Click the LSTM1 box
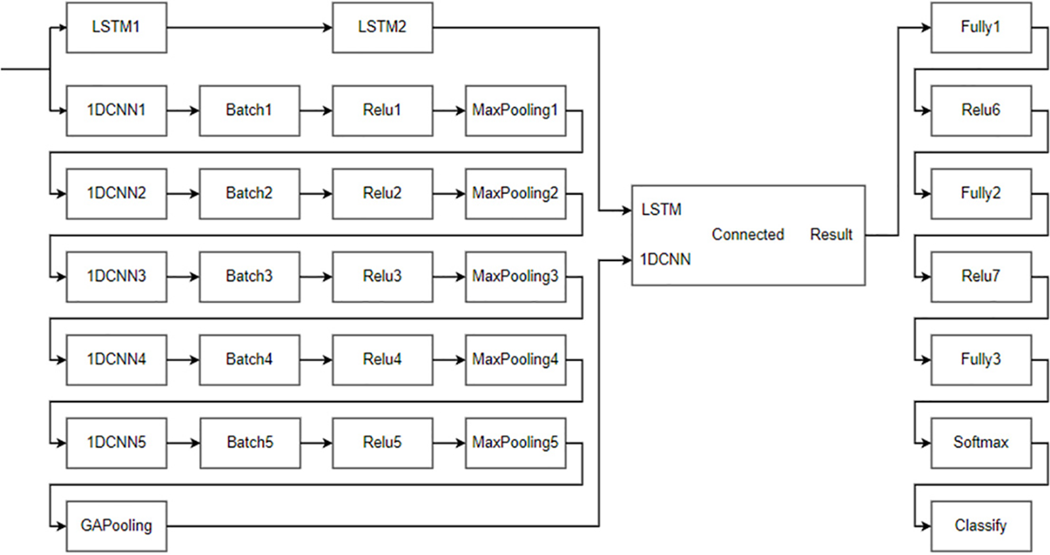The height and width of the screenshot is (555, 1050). [116, 28]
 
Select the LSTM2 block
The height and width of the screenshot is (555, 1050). [382, 28]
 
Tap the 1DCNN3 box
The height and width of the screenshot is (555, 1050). [116, 276]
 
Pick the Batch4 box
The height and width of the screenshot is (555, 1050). [249, 360]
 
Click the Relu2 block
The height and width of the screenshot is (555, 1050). [382, 194]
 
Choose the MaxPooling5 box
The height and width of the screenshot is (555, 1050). [515, 443]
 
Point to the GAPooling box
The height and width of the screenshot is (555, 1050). [116, 525]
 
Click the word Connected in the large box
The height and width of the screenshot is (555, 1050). [747, 234]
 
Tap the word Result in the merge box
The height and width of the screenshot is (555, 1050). [831, 234]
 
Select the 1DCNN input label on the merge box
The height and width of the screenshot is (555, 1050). [665, 260]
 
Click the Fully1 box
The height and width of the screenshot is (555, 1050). [980, 28]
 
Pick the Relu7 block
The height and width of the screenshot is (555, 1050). [980, 276]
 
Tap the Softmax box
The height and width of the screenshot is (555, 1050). [980, 443]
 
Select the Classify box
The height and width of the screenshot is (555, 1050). [980, 525]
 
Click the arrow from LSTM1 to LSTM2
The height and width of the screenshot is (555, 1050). [249, 28]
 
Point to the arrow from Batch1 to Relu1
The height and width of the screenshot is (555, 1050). [316, 111]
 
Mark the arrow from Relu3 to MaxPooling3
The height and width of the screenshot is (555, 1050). [449, 277]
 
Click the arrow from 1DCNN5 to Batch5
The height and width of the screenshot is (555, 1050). [183, 443]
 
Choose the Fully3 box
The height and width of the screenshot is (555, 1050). [980, 360]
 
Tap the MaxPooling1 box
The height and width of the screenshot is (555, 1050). [515, 110]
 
